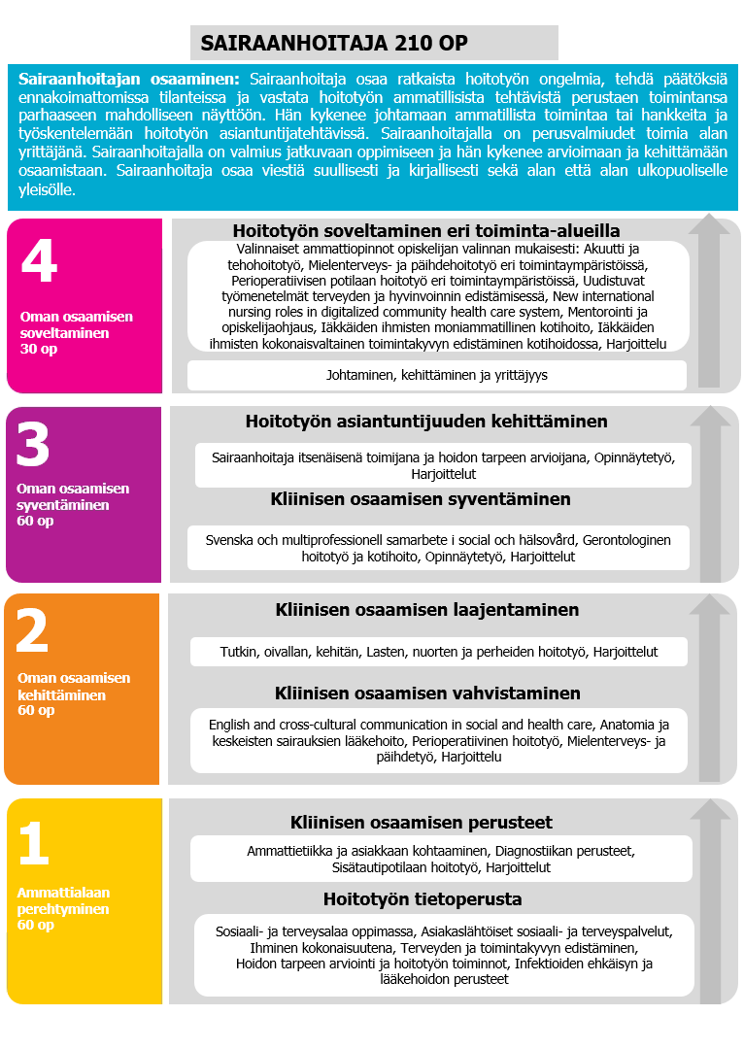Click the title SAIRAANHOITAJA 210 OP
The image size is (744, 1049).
pyautogui.click(x=333, y=43)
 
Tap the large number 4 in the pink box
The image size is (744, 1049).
pyautogui.click(x=38, y=263)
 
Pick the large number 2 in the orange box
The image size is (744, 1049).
pyautogui.click(x=33, y=632)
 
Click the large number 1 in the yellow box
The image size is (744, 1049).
pyautogui.click(x=33, y=843)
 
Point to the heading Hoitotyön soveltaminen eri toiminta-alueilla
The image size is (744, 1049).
pyautogui.click(x=426, y=231)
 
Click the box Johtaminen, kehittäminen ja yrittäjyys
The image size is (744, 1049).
pyautogui.click(x=437, y=375)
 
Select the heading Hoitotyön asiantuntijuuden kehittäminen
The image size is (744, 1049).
pyautogui.click(x=426, y=422)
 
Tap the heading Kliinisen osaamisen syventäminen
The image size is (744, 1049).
pyautogui.click(x=421, y=499)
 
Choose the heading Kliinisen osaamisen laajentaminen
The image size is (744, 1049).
pyautogui.click(x=426, y=610)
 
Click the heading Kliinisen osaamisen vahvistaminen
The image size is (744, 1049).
pyautogui.click(x=427, y=694)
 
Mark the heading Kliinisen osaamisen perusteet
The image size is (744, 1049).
pyautogui.click(x=422, y=823)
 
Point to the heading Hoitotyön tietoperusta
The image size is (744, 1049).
pyautogui.click(x=423, y=898)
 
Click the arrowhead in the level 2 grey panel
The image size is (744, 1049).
pyautogui.click(x=710, y=604)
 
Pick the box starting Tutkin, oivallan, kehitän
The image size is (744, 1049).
pyautogui.click(x=438, y=652)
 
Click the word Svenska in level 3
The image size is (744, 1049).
pyautogui.click(x=229, y=539)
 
